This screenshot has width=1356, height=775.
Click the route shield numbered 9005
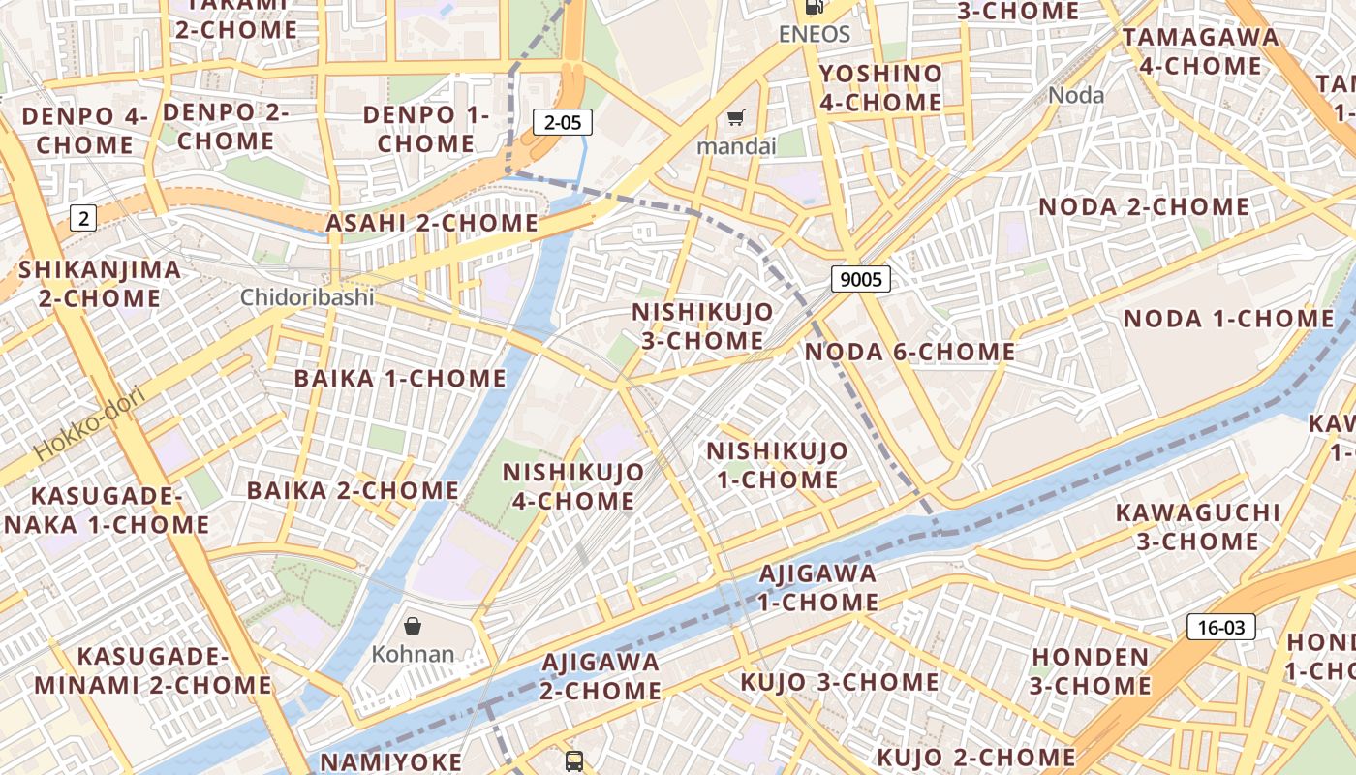click(x=860, y=280)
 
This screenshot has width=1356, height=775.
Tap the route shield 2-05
click(x=563, y=122)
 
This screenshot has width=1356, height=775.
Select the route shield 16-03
click(x=1220, y=627)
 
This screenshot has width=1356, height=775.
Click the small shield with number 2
click(x=83, y=218)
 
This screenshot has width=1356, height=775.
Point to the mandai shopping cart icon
click(x=736, y=118)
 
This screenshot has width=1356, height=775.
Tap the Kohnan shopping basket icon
click(x=413, y=626)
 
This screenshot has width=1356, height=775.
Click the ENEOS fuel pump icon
click(x=815, y=8)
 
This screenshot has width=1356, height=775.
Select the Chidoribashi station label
click(x=307, y=297)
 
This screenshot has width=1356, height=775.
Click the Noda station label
click(x=1076, y=95)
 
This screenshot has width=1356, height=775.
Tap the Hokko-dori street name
click(x=88, y=423)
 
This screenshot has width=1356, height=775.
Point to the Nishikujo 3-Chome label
click(x=702, y=326)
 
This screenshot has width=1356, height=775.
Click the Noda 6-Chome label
click(x=909, y=352)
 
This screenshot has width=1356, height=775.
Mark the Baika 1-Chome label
click(x=400, y=378)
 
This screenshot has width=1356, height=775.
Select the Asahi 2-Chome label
click(x=431, y=223)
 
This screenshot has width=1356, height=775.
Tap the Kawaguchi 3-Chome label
click(x=1197, y=526)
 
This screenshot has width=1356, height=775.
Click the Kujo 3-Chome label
click(x=839, y=682)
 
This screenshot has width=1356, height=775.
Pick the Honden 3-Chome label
click(x=1090, y=671)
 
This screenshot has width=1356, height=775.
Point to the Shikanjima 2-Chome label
click(x=100, y=283)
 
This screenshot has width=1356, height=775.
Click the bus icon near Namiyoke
click(x=574, y=760)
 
